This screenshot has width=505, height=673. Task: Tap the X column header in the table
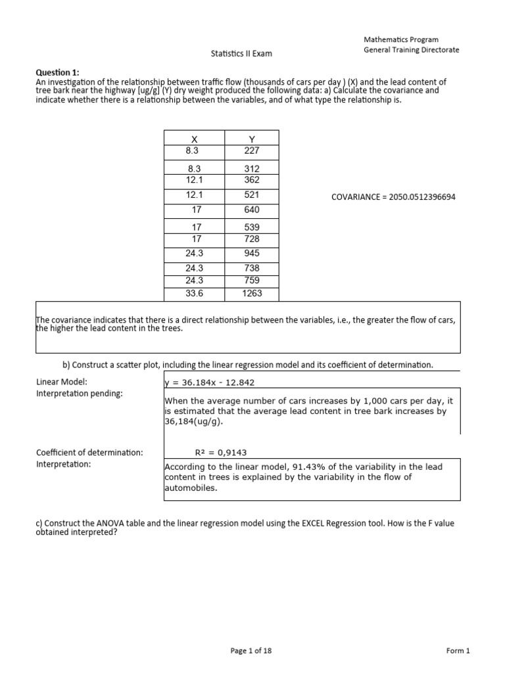(x=194, y=139)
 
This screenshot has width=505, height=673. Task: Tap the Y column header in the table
(x=251, y=139)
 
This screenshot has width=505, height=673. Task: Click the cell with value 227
(x=251, y=150)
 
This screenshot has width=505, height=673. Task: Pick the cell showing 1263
(x=251, y=293)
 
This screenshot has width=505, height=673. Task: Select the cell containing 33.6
(x=194, y=293)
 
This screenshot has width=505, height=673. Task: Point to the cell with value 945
(x=251, y=253)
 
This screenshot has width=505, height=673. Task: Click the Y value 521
(x=251, y=195)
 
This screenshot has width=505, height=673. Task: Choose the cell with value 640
(x=251, y=210)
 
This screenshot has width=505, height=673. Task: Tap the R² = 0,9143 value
(x=222, y=452)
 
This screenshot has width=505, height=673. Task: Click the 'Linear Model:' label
(x=62, y=382)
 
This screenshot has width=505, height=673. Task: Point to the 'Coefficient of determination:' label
(x=89, y=452)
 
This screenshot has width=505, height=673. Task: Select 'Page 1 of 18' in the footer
(x=251, y=651)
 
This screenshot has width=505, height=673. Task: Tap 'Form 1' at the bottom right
(x=458, y=651)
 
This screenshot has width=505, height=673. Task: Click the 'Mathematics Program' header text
(x=401, y=40)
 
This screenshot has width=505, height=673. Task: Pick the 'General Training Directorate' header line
(x=412, y=50)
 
